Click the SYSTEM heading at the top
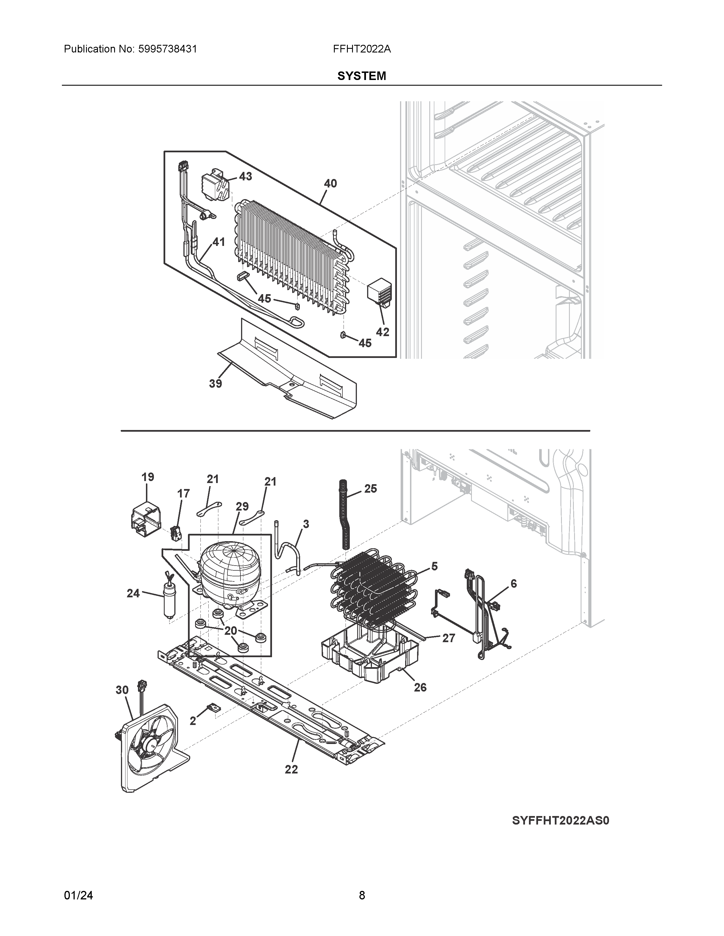tap(361, 76)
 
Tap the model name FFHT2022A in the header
tap(361, 49)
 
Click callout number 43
tap(245, 176)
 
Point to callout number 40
tap(330, 184)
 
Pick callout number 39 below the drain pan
tap(215, 383)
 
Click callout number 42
tap(383, 332)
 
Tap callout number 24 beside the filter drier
tap(133, 593)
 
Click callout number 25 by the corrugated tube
tap(371, 489)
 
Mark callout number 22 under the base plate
tap(291, 781)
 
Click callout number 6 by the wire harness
tap(513, 583)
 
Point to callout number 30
tap(122, 690)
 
